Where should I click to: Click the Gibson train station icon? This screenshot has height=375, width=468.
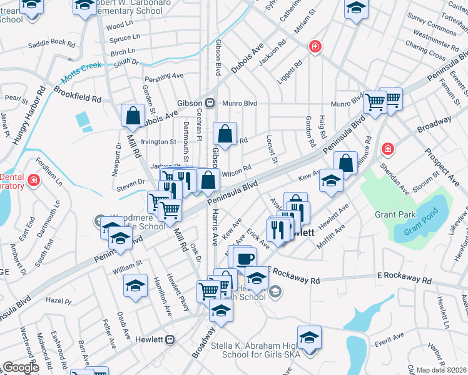tap(210, 102)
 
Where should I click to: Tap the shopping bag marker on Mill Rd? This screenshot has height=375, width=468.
tap(133, 115)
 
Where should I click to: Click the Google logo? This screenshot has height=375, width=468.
tap(21, 367)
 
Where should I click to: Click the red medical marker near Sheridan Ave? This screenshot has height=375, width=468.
tap(388, 149)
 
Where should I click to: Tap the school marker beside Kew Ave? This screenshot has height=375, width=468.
tap(331, 181)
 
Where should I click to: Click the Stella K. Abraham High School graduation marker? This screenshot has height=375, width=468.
tap(308, 337)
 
